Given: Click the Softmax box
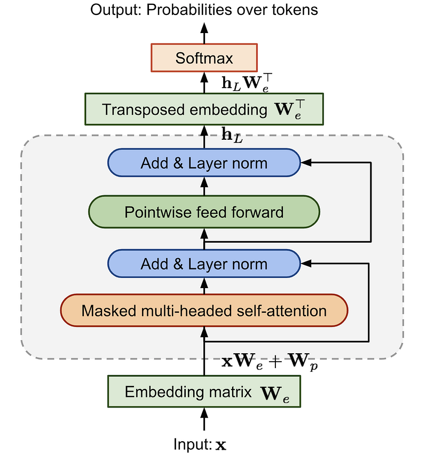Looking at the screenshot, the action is [x=204, y=58].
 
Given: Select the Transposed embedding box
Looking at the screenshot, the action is [x=204, y=109].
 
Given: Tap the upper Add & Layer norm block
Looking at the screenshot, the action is [x=204, y=163].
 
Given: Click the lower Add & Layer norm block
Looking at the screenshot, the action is [x=204, y=264].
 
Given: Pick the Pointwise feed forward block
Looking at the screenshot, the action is [x=204, y=212].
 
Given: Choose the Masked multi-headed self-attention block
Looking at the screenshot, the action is [x=204, y=310].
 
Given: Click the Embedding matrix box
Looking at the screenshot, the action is [x=204, y=392].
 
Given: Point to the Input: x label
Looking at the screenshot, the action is [x=200, y=444].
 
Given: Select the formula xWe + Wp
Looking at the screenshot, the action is [x=270, y=362].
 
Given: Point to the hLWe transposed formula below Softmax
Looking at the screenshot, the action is [x=247, y=83].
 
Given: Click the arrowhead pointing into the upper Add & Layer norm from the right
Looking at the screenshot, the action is [x=306, y=163].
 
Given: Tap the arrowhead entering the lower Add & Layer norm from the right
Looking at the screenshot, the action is [x=306, y=264].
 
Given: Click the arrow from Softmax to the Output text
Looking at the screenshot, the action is [x=204, y=33].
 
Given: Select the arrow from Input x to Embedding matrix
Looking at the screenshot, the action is [x=204, y=419].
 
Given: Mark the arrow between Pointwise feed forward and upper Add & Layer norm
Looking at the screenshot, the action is [x=204, y=186].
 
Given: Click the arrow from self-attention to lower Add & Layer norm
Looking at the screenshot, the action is [x=204, y=286].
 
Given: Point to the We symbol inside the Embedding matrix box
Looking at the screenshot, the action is [x=275, y=394].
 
